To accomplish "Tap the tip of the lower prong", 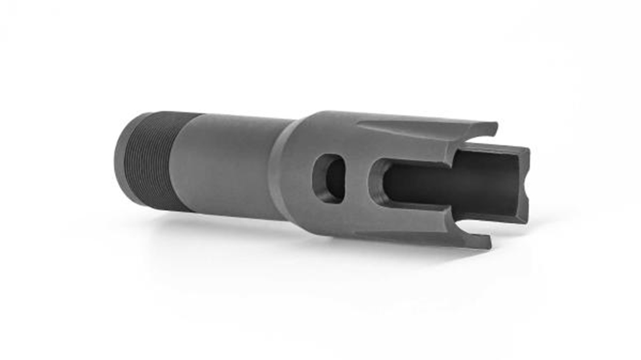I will click(x=488, y=241).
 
